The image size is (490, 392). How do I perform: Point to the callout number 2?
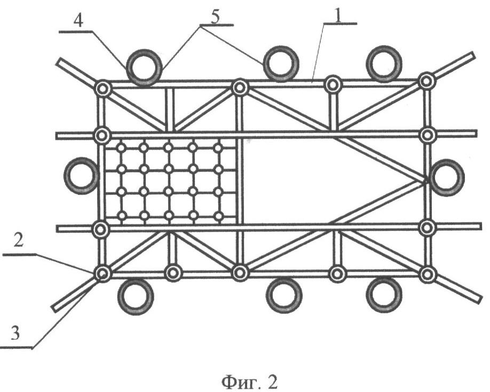18,241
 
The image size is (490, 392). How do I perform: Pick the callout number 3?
15,333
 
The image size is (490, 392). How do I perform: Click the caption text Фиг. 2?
249,382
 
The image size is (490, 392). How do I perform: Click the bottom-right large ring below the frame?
384,294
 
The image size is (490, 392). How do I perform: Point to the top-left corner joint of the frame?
103,89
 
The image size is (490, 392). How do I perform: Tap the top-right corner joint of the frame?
426,81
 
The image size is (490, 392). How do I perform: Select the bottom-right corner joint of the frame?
427,274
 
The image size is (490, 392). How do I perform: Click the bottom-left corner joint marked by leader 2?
103,274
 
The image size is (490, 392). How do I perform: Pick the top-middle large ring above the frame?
281,64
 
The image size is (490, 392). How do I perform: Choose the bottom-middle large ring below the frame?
284,295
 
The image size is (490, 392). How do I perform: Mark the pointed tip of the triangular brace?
425,181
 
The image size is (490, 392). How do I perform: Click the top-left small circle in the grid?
121,147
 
